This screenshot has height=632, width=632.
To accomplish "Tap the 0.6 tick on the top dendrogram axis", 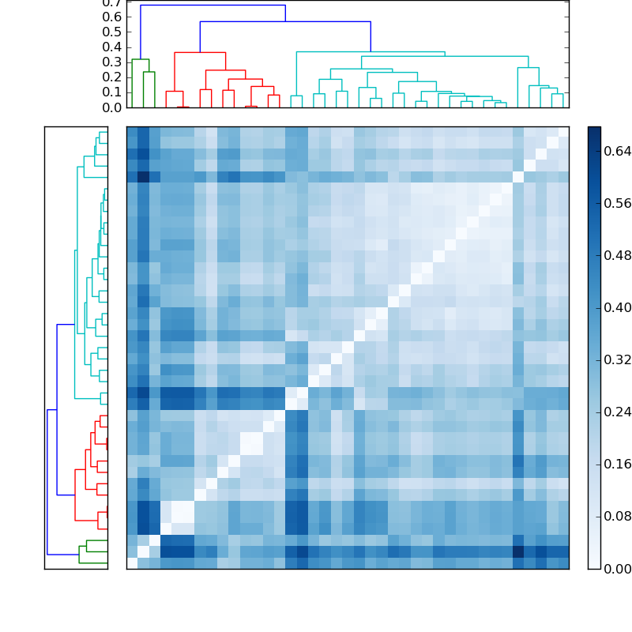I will [x=112, y=17].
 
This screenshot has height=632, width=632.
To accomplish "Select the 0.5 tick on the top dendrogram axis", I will [x=112, y=32].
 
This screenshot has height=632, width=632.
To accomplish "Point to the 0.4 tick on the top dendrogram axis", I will [x=112, y=47].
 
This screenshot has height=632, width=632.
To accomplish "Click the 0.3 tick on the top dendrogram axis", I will [x=112, y=62].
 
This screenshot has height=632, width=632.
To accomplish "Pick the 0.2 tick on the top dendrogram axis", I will [x=112, y=77].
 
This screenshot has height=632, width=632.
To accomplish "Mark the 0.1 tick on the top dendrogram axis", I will [x=112, y=92].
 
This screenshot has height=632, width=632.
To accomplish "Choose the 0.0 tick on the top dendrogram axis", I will [x=112, y=107].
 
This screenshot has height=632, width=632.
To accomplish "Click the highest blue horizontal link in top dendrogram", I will [x=213, y=6].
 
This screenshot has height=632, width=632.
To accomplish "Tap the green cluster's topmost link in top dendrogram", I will [x=141, y=59].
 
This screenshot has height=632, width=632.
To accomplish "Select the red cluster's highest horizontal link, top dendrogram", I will [x=200, y=52].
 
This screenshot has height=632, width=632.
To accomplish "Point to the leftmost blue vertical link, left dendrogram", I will [x=47, y=482].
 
